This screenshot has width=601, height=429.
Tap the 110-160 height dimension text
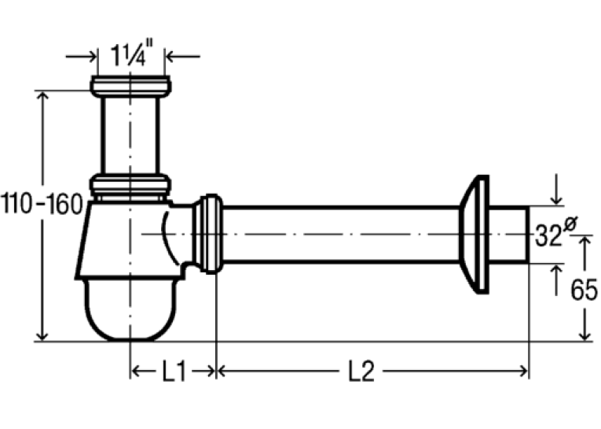42,204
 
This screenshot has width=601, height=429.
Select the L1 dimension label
174,372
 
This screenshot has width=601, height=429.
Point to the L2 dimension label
361,372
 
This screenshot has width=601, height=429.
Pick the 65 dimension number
584,290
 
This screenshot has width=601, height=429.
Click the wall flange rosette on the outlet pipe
475,235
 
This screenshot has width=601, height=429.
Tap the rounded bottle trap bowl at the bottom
130,309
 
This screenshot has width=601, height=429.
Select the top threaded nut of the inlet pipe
130,87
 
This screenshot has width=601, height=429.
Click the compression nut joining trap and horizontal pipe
207,234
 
